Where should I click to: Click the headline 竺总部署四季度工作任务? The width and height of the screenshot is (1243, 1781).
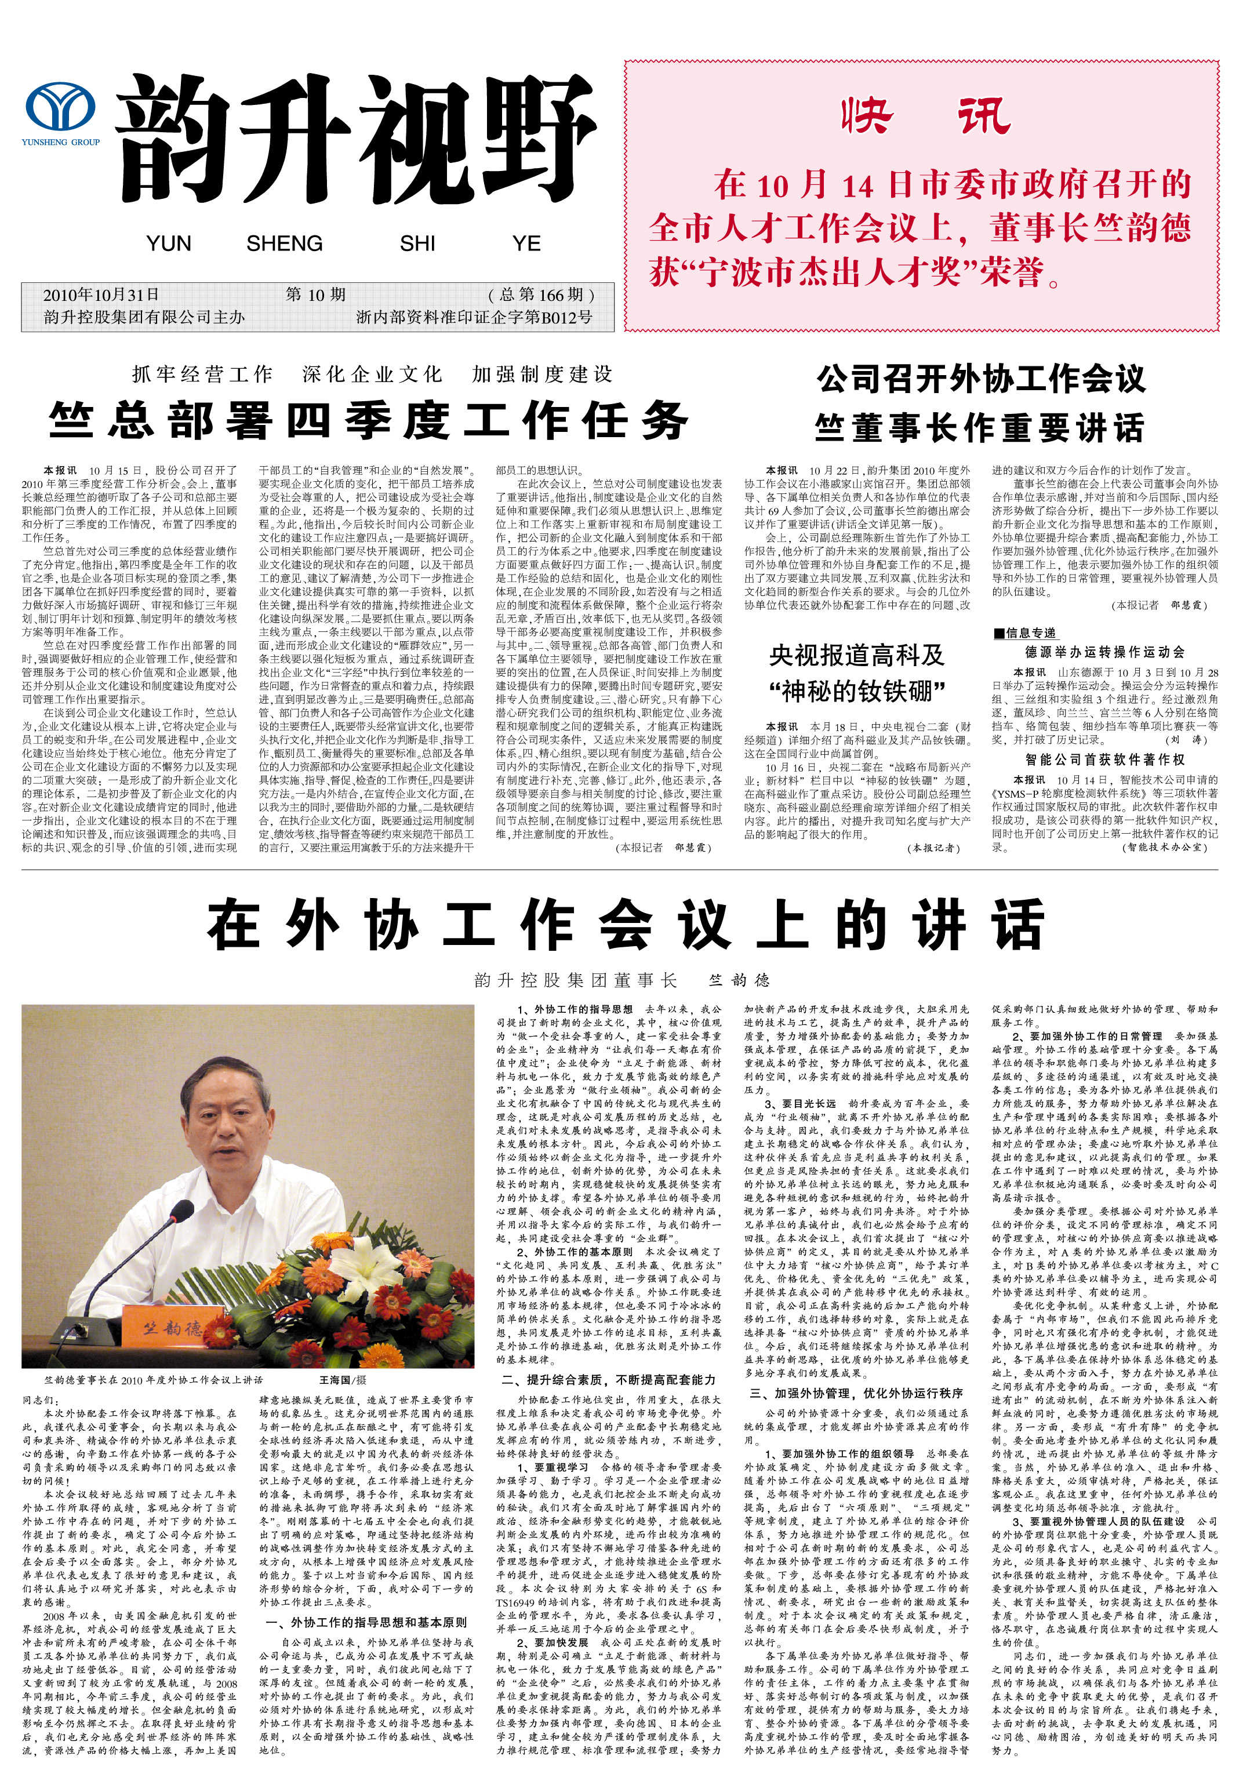pos(369,421)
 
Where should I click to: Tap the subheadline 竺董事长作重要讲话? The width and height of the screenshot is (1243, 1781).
pos(979,427)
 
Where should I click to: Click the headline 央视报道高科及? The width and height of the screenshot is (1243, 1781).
pos(857,656)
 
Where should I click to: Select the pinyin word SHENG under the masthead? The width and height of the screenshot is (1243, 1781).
pos(284,243)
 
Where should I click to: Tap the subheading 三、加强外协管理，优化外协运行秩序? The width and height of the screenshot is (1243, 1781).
pos(857,1393)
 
